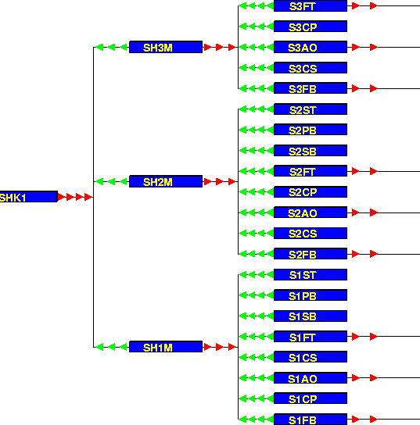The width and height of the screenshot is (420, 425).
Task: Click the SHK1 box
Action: (28, 197)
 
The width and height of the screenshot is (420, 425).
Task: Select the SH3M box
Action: (166, 47)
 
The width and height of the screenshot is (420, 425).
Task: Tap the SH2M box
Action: (166, 181)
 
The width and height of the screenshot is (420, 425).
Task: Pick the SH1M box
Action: (166, 347)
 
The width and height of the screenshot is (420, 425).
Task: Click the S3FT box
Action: (311, 5)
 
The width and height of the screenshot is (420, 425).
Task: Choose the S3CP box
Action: (311, 27)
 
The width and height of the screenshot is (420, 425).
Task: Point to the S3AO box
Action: (311, 47)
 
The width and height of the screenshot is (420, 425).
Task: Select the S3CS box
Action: (311, 67)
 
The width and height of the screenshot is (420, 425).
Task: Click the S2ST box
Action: (311, 109)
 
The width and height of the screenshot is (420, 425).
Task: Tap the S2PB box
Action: (311, 130)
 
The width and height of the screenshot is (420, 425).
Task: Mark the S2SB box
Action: (311, 151)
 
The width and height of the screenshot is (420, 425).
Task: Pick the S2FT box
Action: (311, 171)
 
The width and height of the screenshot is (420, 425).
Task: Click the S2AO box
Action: (311, 212)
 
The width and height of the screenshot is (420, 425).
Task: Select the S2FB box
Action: (311, 254)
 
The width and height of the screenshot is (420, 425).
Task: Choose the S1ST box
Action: (311, 274)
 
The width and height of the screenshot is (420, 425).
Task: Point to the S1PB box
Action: (311, 295)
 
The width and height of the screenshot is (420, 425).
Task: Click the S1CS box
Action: (311, 357)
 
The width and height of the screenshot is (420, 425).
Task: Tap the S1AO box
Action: (311, 377)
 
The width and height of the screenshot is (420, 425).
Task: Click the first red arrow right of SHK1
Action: (61, 197)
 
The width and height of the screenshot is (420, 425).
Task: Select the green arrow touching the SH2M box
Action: (124, 181)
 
